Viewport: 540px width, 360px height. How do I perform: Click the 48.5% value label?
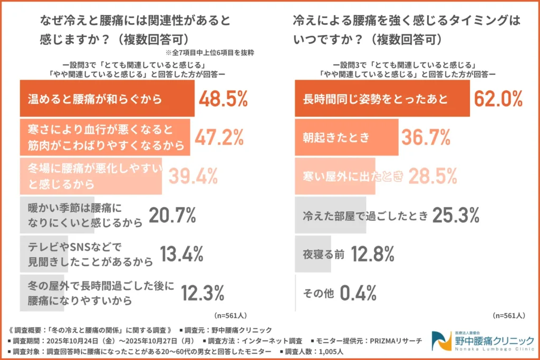pos(223,99)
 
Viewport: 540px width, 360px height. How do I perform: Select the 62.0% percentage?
pos(498,99)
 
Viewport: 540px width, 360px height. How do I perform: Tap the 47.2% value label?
pos(219,137)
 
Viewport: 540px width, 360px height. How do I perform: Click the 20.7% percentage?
pos(172,215)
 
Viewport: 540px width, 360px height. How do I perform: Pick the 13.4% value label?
pos(181,254)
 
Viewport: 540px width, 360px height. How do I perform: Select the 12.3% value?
pos(202,293)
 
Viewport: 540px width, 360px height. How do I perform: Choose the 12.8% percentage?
pos(371,254)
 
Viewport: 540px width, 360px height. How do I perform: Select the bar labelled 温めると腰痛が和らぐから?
pos(107,99)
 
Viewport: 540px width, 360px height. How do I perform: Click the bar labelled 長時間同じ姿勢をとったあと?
pos(382,99)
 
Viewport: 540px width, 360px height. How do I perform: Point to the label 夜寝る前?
pos(323,254)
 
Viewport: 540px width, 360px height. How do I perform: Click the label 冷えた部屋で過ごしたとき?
pos(365,215)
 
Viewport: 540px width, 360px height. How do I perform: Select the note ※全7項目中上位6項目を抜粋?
pos(210,53)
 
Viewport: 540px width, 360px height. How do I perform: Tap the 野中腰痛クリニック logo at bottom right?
pos(482,342)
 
